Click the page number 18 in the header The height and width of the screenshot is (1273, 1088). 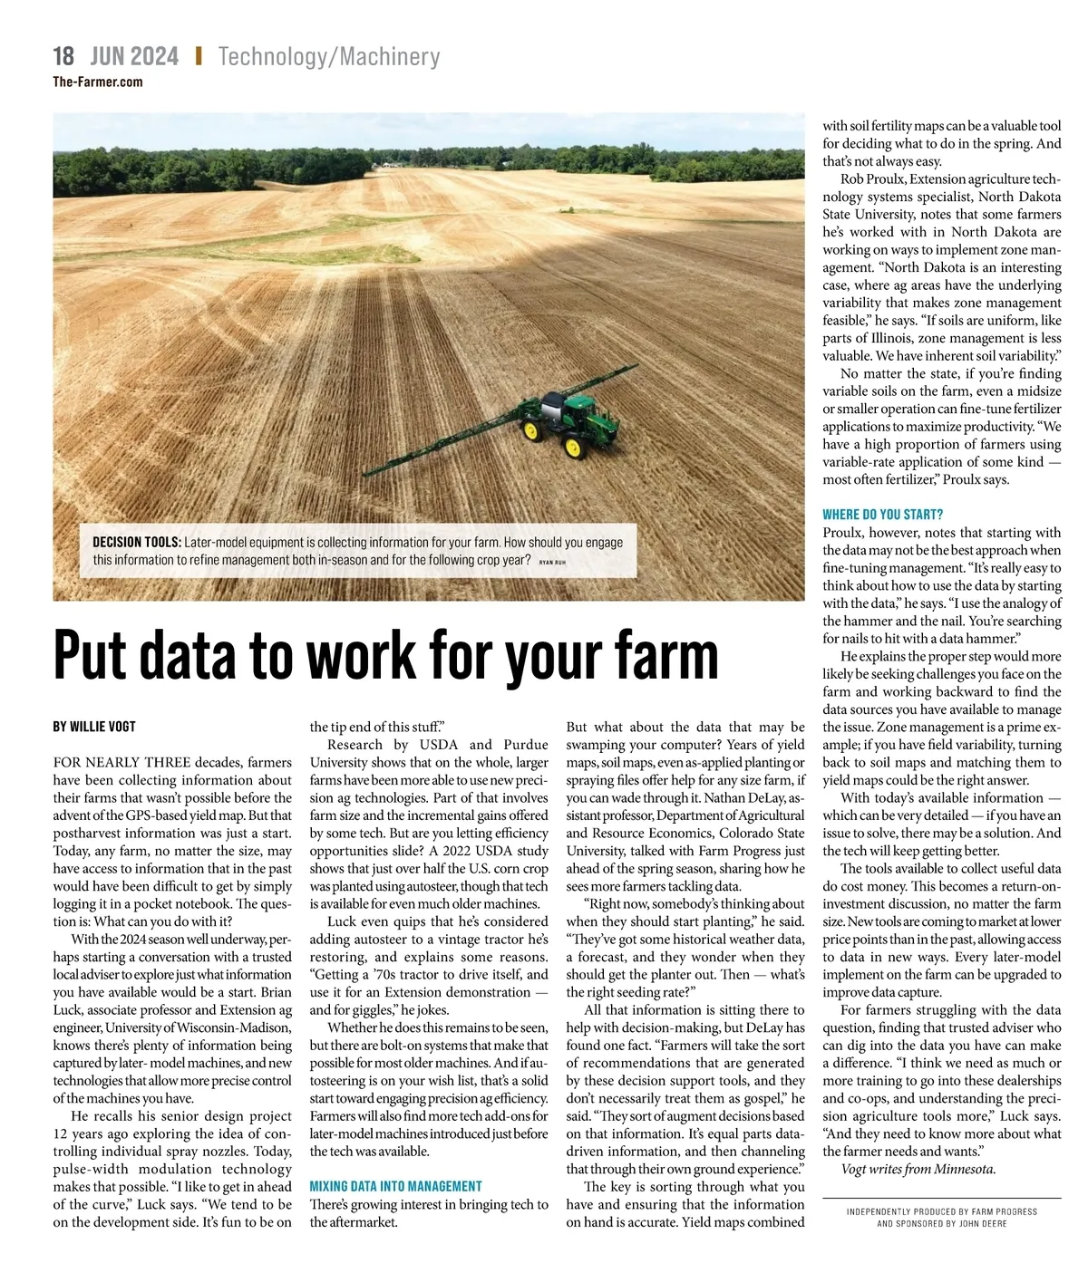point(63,56)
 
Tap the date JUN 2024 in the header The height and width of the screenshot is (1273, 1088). point(135,56)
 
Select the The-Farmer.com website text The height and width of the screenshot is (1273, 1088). point(98,82)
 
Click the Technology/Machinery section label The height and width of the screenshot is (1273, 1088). point(329,57)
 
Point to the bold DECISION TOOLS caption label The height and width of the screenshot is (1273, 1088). point(136,542)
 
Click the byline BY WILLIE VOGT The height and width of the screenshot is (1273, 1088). point(94,727)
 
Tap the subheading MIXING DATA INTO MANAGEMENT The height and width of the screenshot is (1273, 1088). point(396,1186)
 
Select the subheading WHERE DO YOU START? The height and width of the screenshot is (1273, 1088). point(883,515)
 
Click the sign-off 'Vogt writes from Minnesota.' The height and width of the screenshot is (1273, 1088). point(918,1169)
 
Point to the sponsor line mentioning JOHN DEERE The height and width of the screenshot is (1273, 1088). point(942,1223)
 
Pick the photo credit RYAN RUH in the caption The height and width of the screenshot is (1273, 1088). point(552,563)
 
